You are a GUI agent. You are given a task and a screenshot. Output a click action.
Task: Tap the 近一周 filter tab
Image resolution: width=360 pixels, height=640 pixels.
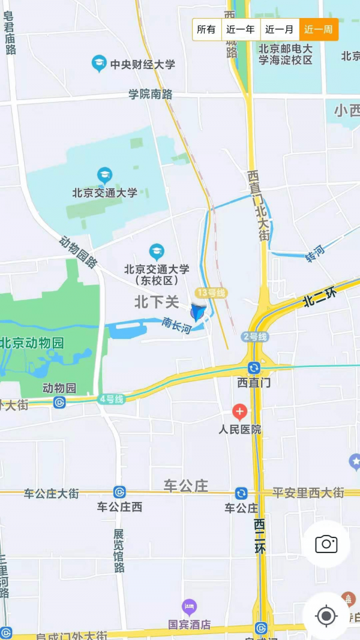coord(319,29)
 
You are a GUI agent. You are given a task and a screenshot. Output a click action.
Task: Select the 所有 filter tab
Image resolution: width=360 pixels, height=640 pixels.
coord(206,29)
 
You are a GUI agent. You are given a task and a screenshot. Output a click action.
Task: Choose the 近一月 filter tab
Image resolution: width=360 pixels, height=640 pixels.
coord(280,29)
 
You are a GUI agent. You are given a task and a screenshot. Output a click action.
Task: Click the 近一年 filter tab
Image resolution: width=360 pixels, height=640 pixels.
coord(241,29)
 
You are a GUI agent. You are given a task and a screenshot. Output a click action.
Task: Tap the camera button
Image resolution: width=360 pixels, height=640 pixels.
coord(326,544)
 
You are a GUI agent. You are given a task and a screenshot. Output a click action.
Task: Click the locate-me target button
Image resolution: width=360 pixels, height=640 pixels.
coord(326,615)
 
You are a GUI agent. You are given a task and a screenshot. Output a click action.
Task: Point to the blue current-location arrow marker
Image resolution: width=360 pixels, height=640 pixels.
coord(198,312)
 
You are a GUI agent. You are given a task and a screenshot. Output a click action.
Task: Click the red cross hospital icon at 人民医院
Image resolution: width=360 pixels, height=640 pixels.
coord(239,411)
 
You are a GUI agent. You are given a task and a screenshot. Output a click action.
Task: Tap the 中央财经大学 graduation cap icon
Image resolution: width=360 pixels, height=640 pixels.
coord(99,63)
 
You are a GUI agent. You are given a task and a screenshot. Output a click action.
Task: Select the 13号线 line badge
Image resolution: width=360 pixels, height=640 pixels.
coord(211,293)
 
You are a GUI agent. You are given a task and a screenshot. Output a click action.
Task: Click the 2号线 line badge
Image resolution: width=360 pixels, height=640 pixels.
coord(254,336)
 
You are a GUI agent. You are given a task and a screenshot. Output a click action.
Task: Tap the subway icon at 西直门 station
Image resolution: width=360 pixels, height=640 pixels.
coord(254,368)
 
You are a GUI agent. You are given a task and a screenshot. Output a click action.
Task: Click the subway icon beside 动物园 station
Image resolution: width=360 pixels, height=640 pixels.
coord(59,402)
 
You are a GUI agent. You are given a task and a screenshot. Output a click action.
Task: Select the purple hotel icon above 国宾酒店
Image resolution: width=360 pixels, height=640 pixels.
coord(189,607)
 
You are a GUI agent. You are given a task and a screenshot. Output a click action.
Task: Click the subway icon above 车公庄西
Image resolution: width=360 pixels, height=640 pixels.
coord(119,492)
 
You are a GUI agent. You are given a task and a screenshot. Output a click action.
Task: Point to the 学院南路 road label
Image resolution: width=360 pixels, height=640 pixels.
coord(151,94)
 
